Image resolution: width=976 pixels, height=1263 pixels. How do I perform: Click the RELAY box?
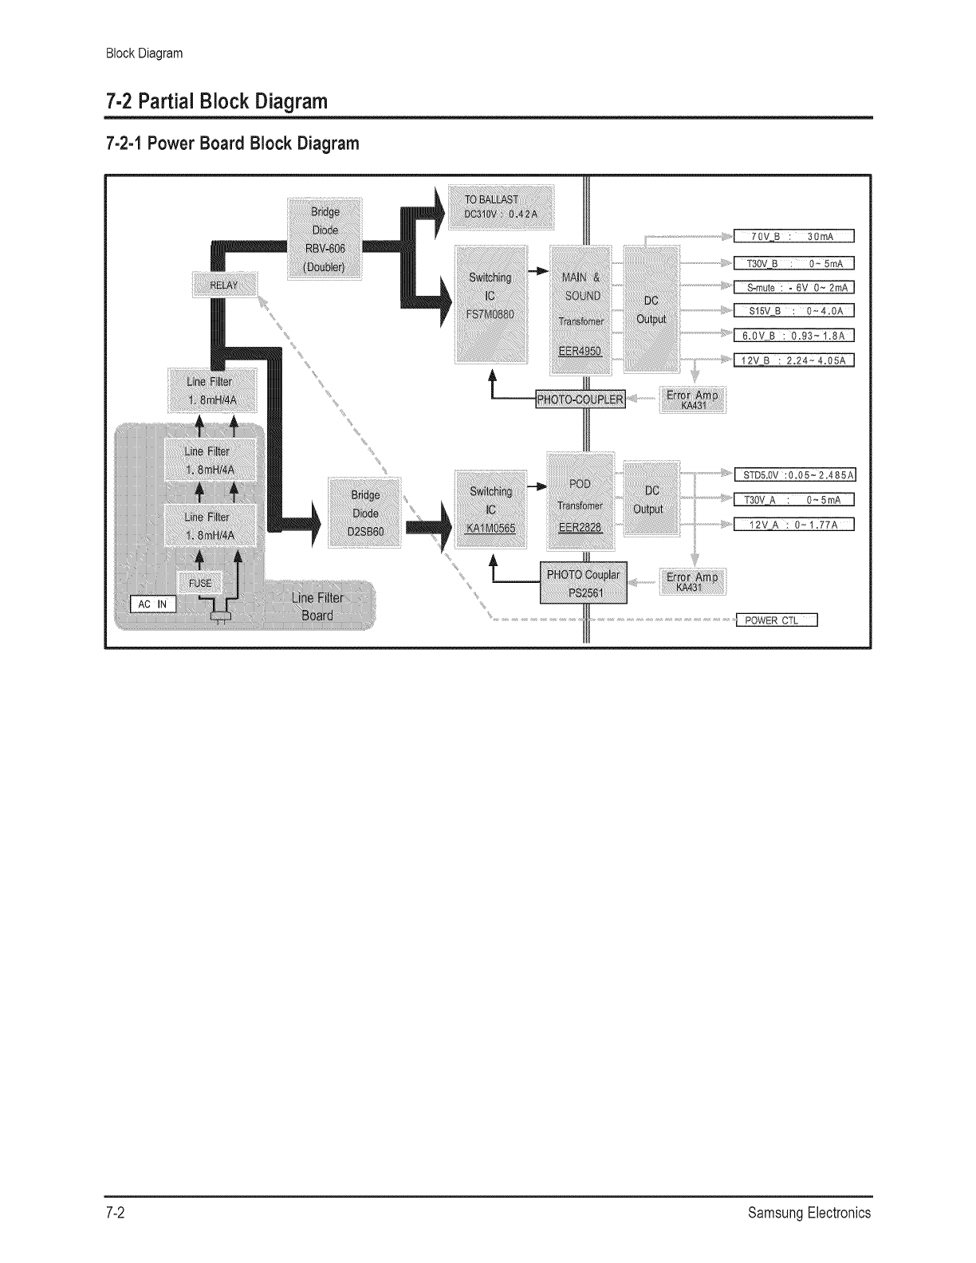tap(224, 285)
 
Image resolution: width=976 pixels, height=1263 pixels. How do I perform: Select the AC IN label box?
tap(152, 604)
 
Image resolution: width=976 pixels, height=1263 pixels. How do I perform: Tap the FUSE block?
tap(200, 583)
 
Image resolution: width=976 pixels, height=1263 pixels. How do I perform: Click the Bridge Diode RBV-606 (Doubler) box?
tap(325, 238)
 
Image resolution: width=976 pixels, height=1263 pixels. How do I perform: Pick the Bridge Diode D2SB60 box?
tap(366, 513)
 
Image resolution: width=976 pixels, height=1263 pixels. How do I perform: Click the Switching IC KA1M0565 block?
tap(490, 510)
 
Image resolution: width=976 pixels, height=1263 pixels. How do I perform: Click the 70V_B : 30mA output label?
tap(793, 235)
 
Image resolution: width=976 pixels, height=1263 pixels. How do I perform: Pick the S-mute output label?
tap(793, 287)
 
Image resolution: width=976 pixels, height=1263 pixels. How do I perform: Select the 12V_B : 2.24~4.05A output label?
tap(793, 360)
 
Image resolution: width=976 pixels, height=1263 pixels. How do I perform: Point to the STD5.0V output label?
tap(794, 476)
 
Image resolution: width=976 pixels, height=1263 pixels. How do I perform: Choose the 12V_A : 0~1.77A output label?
tap(793, 524)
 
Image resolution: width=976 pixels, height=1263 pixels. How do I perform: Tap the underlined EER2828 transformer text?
tap(580, 527)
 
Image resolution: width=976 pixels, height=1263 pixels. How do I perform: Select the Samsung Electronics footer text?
tap(809, 1214)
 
